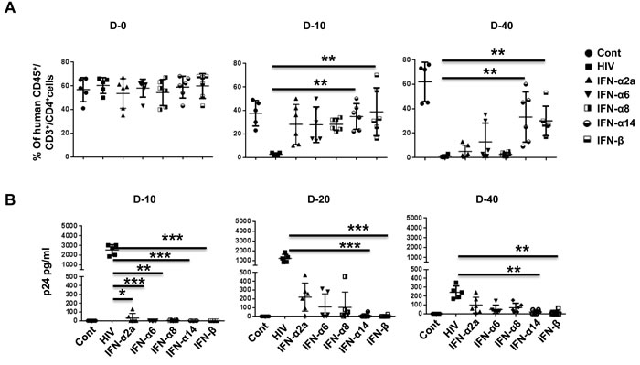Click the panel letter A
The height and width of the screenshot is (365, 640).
click(x=10, y=7)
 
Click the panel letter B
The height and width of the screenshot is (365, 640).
click(x=9, y=199)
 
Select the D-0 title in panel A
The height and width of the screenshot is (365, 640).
click(x=118, y=26)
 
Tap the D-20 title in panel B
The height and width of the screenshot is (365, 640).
click(x=319, y=199)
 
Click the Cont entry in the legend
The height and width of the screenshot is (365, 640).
click(x=609, y=53)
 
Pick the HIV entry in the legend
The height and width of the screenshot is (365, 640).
click(x=605, y=67)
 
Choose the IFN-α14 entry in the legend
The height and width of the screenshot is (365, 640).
click(x=616, y=123)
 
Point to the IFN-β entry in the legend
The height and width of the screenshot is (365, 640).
click(x=610, y=141)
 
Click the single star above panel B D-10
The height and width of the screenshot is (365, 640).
click(x=122, y=294)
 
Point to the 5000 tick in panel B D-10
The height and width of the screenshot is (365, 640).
click(x=69, y=226)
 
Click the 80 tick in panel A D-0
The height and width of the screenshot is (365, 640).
click(x=65, y=62)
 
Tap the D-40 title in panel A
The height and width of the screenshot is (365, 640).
click(x=502, y=26)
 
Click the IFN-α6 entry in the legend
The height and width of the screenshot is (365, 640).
click(x=613, y=95)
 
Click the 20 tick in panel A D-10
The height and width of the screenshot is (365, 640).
click(x=237, y=134)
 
